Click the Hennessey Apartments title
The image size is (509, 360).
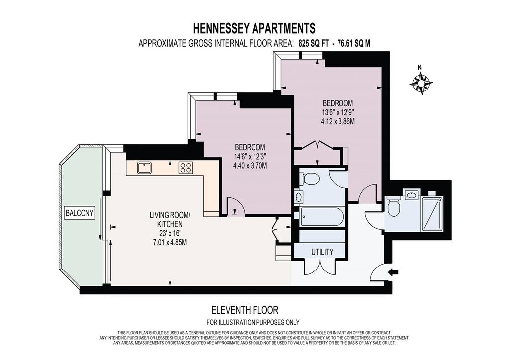pyautogui.click(x=254, y=28)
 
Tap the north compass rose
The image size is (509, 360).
pyautogui.click(x=421, y=83)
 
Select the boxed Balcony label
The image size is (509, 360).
pyautogui.click(x=80, y=213)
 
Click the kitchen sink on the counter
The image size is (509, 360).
pyautogui.click(x=143, y=168)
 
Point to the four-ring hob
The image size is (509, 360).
pyautogui.click(x=186, y=168)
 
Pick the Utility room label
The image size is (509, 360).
pyautogui.click(x=322, y=252)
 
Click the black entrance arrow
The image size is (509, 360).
pyautogui.click(x=394, y=272)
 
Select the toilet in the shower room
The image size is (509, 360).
pyautogui.click(x=394, y=206)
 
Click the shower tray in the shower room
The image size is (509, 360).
pyautogui.click(x=432, y=214)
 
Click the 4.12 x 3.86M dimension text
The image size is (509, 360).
pyautogui.click(x=338, y=122)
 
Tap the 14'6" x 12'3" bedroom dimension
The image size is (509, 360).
pyautogui.click(x=250, y=156)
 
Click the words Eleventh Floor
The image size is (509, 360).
pyautogui.click(x=245, y=310)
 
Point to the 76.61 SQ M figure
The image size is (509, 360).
pyautogui.click(x=354, y=43)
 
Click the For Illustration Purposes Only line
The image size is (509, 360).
pyautogui.click(x=253, y=322)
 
